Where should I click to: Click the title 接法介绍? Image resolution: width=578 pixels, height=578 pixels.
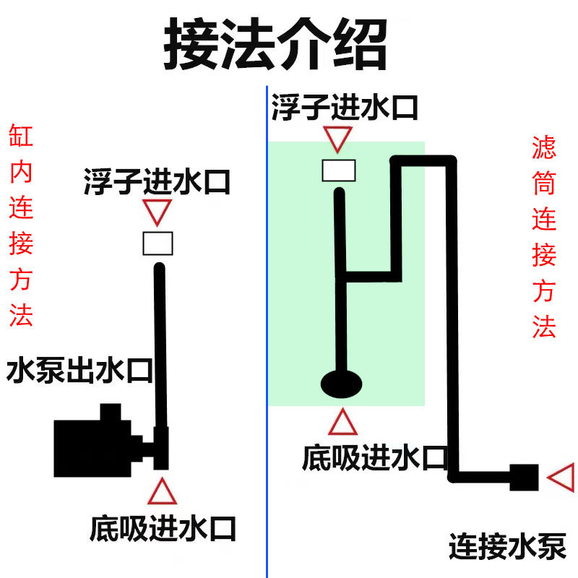pos(275,46)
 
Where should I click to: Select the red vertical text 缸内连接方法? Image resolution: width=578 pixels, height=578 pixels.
pos(21,225)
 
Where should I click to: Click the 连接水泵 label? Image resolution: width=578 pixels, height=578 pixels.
pos(506,545)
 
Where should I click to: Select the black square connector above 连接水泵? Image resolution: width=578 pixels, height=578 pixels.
pos(525,478)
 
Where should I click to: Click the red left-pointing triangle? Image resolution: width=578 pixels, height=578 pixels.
pos(561,478)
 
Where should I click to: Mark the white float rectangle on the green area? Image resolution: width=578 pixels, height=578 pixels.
pos(338,170)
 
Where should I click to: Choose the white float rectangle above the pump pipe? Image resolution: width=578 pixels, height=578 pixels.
pos(158,244)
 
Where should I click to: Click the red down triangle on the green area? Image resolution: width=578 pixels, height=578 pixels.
pos(337,138)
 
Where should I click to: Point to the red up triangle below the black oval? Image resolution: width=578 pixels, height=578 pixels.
pos(342,423)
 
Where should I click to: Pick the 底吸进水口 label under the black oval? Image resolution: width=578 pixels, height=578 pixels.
pos(375,458)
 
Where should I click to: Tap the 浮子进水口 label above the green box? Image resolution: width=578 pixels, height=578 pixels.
pos(345,108)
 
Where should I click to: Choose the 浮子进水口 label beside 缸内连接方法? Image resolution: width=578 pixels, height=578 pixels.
pos(157,182)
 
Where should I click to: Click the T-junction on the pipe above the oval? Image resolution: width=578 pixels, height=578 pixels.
pos(342,277)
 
